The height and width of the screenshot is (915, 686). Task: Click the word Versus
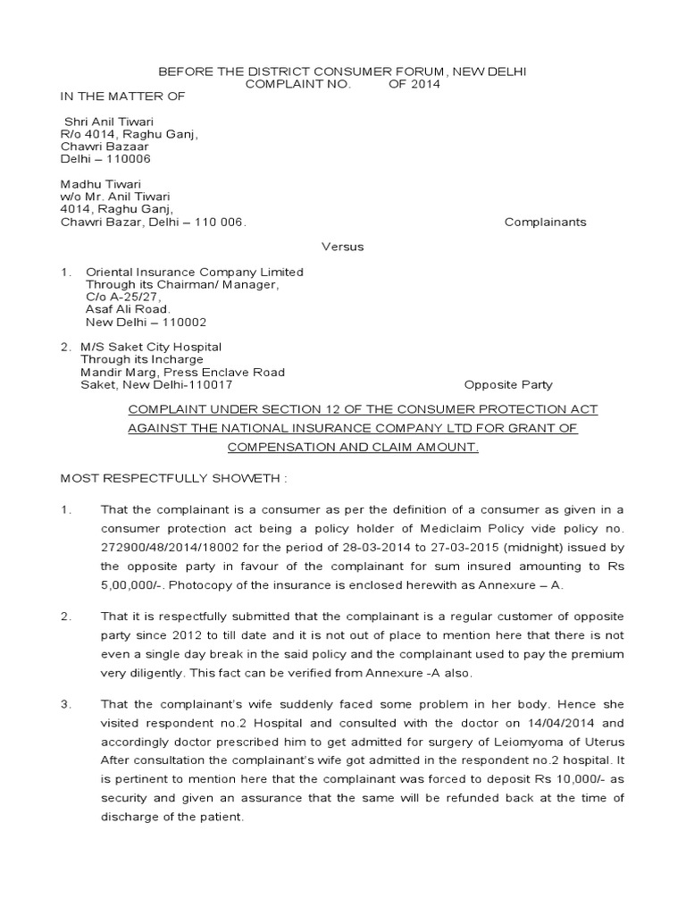[343, 247]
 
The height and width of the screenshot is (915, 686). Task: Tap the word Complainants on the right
[545, 222]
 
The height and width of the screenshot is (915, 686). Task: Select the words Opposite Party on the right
[508, 385]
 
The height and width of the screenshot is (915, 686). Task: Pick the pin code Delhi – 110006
[105, 159]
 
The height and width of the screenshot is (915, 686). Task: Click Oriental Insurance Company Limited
[194, 272]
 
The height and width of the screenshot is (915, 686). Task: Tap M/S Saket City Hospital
[151, 347]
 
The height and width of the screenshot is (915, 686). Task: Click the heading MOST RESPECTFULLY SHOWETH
[173, 478]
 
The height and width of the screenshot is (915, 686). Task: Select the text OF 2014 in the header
[414, 84]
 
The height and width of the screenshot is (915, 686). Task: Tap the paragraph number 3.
[65, 704]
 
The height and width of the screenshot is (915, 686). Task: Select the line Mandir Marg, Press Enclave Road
[183, 372]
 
